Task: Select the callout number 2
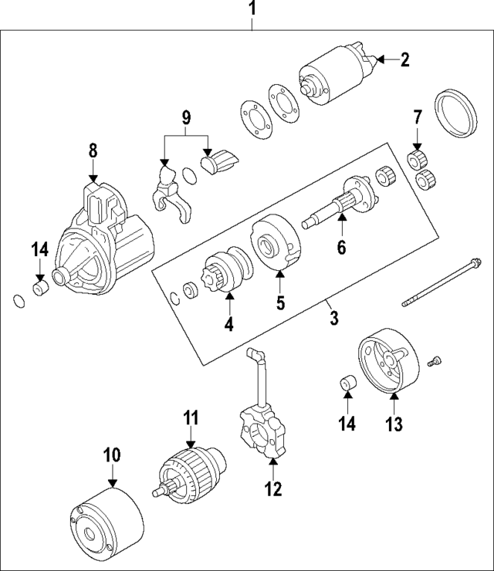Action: [x=405, y=60]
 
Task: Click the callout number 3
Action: [x=334, y=318]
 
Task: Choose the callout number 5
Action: [x=281, y=302]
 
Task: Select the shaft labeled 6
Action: [x=340, y=207]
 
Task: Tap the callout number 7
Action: [x=418, y=118]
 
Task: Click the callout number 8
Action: [x=93, y=150]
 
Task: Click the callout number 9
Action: [x=185, y=118]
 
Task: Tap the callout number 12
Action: [x=272, y=488]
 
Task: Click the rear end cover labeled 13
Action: [x=391, y=365]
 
